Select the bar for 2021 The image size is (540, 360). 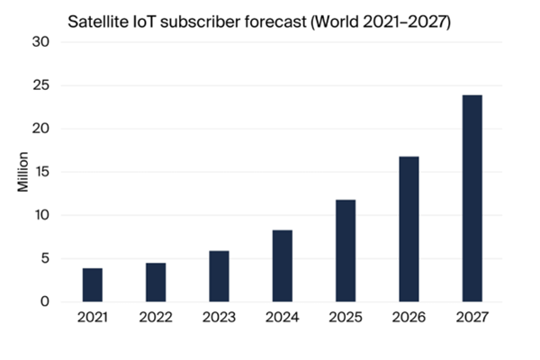click(x=92, y=284)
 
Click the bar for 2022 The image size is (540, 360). click(x=156, y=282)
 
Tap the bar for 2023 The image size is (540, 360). click(x=219, y=276)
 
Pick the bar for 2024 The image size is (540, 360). click(x=282, y=265)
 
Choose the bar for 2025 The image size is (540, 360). click(x=346, y=250)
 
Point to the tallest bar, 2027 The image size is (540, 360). click(x=472, y=198)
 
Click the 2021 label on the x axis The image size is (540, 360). click(x=92, y=318)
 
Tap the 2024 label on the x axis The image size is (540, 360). click(x=282, y=318)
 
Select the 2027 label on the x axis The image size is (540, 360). click(x=472, y=318)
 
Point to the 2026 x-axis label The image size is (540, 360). click(x=409, y=318)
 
